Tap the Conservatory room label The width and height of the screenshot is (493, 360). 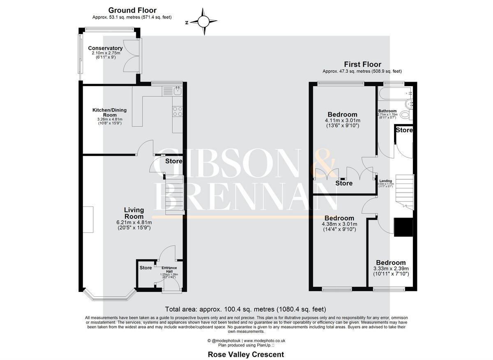[105, 48]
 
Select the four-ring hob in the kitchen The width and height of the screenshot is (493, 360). [178, 111]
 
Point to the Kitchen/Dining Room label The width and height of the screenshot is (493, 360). [109, 112]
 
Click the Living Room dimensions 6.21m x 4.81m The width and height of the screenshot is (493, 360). [134, 222]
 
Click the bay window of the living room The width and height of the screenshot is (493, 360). [109, 294]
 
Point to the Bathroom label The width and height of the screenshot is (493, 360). [387, 111]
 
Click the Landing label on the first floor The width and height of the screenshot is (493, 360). [385, 181]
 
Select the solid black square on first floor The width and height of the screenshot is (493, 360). [403, 227]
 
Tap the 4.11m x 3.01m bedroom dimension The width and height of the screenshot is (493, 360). [342, 121]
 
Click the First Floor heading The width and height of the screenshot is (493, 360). [362, 64]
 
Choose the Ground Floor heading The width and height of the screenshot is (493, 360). [132, 10]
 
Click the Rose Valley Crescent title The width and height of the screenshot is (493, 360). [246, 354]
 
